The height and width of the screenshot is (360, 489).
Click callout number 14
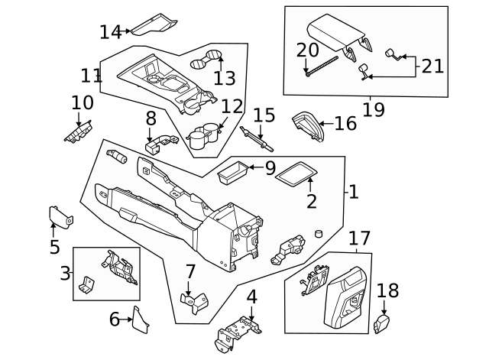coord(110,32)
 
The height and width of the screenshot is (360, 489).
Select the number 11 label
coord(92,76)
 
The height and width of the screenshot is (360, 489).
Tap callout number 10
coord(82,102)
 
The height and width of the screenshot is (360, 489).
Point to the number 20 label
coord(307,50)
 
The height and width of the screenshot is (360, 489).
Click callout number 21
coord(432,66)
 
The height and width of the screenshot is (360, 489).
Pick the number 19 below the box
coord(374,110)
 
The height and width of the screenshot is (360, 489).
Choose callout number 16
coord(345,123)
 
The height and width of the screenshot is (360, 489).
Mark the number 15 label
coord(264,115)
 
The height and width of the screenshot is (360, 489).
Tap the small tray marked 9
coord(234,173)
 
